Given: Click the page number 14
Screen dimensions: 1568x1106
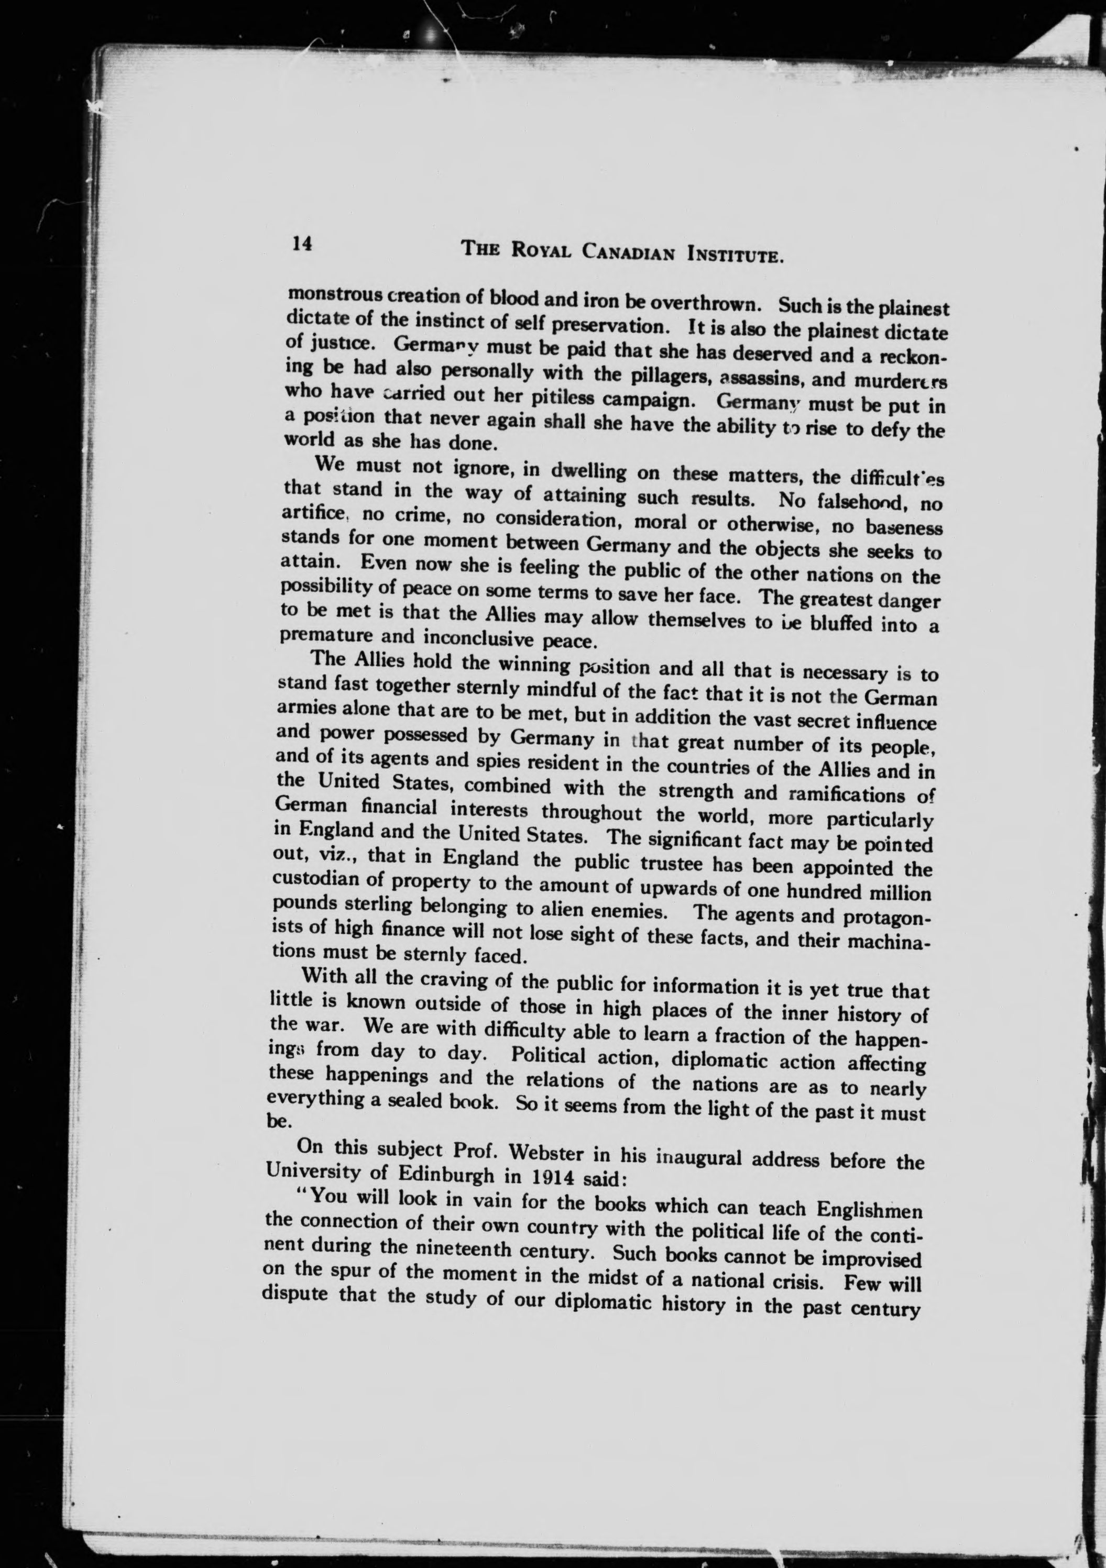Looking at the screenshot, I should point(301,244).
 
